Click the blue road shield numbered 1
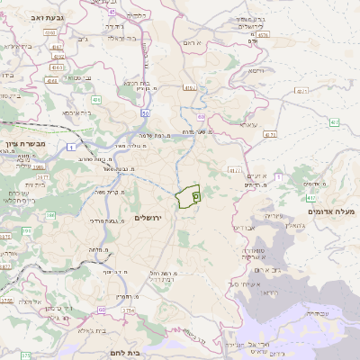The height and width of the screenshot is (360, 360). [x=70, y=144]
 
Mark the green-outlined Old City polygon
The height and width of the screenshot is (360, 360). [x=188, y=196]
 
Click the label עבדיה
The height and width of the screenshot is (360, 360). [x=318, y=313]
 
